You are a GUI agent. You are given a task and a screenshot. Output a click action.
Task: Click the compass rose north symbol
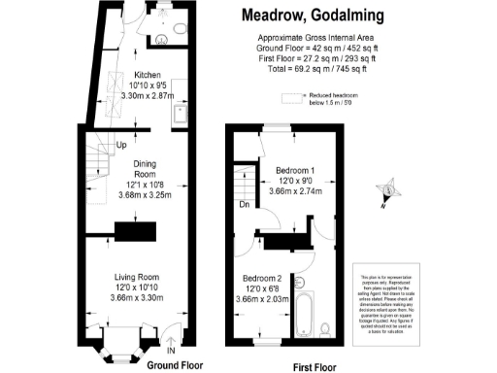point(387,189)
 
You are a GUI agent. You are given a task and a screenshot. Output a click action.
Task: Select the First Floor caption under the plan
point(319,366)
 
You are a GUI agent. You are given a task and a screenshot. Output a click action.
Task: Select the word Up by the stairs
point(121,146)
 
